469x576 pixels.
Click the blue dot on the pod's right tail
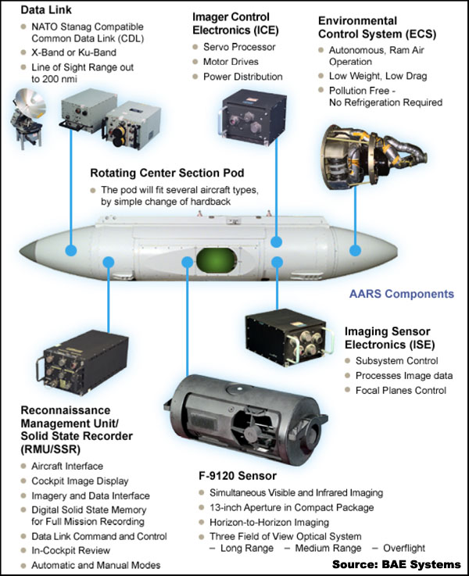[x=356, y=251]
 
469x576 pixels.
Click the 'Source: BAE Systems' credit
[x=396, y=563]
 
